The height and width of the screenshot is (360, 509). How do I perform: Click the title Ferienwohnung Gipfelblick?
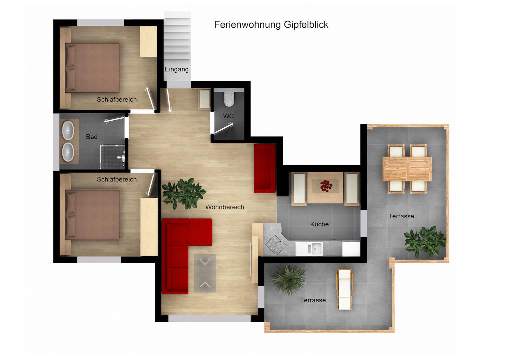271,25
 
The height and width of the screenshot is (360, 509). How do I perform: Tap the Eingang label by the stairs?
177,69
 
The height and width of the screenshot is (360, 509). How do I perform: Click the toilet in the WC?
229,99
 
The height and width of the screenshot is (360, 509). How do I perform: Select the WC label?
229,116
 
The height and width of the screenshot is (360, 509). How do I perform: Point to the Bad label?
92,137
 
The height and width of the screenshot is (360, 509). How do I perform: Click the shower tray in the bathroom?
113,157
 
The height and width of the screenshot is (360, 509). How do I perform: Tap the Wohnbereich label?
225,207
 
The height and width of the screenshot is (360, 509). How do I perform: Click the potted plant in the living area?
183,194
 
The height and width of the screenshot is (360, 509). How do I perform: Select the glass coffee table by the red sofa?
205,273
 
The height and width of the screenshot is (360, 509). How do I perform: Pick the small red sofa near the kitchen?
265,169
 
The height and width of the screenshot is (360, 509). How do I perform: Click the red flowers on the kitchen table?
326,185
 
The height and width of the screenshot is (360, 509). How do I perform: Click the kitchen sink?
309,249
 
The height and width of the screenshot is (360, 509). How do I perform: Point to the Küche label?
319,224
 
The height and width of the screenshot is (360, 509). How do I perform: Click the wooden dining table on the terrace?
407,169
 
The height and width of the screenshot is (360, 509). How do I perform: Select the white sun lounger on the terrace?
344,289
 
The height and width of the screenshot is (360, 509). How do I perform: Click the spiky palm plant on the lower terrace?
288,279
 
